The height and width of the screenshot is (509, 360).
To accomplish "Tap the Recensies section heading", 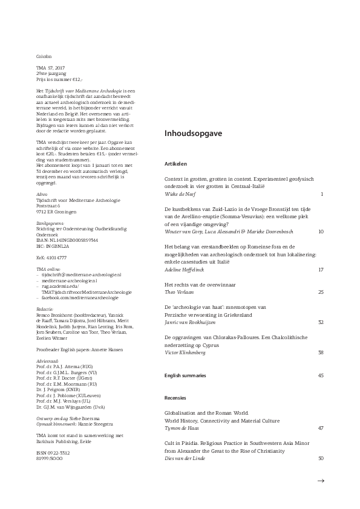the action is click(176, 398).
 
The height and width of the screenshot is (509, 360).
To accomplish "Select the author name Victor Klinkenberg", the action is click(188, 368).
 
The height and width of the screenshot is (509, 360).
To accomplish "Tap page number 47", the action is click(321, 428).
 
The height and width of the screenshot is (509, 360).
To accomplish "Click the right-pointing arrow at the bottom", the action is click(321, 481).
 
